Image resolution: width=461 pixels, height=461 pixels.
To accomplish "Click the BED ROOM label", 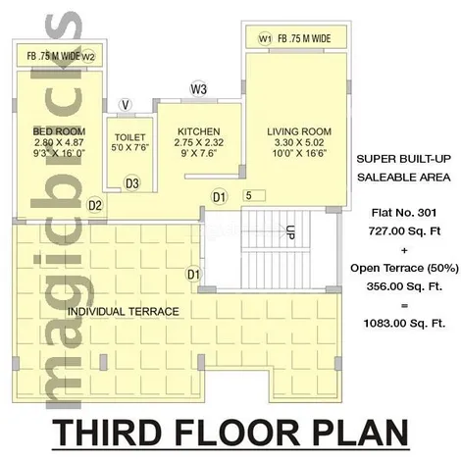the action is [x=59, y=131].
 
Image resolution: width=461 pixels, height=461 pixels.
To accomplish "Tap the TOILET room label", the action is [x=129, y=137].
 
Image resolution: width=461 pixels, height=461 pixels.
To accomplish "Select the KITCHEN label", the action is [x=199, y=131].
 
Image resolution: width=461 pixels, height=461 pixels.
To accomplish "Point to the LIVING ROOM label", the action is [x=299, y=131].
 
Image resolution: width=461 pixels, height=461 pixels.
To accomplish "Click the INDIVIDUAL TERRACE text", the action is [x=124, y=312].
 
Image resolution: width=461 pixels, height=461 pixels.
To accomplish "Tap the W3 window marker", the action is [x=199, y=88].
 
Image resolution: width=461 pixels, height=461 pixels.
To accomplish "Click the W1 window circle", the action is [x=265, y=39].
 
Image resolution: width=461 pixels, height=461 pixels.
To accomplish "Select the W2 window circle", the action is [x=88, y=57].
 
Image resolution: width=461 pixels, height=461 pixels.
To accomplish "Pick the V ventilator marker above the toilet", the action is [x=126, y=105].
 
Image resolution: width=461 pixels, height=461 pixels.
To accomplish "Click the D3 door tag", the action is [x=132, y=183].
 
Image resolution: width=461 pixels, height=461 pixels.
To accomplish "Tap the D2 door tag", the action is [x=95, y=205].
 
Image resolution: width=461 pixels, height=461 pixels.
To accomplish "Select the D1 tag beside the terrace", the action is [x=193, y=274].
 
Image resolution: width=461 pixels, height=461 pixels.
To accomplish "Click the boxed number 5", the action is [x=254, y=195].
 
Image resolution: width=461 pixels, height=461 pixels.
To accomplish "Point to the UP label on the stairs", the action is [x=290, y=232].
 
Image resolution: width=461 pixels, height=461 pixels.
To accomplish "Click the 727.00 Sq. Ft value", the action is [x=404, y=231].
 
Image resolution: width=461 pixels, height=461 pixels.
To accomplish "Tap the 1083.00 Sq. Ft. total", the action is [x=404, y=324].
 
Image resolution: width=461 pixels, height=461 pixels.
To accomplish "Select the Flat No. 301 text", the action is [x=404, y=213].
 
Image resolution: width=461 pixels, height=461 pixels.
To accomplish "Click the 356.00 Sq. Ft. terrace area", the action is [x=404, y=286].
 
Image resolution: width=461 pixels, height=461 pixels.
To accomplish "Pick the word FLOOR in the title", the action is [x=237, y=433].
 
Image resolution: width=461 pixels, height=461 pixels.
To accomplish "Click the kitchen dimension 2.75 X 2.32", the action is [x=199, y=142].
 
